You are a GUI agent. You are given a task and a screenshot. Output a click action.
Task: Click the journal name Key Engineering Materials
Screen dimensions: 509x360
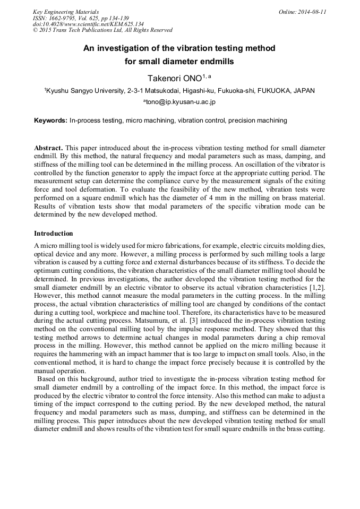[x=66, y=12]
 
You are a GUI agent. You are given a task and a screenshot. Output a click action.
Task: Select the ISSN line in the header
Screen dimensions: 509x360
[x=80, y=18]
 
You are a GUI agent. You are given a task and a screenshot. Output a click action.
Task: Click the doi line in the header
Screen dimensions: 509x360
[x=88, y=24]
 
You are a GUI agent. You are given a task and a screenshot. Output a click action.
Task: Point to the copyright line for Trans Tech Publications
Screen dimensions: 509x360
[x=102, y=30]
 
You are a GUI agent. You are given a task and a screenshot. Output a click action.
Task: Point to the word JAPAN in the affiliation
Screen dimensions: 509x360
[x=303, y=91]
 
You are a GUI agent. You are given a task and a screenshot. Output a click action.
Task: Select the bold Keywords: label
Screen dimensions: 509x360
[x=50, y=120]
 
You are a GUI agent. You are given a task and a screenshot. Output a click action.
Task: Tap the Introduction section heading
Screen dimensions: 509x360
[x=54, y=234]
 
